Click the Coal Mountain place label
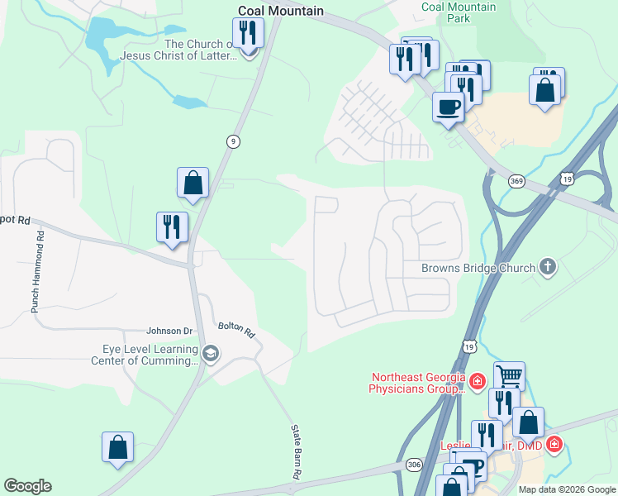tap(280, 12)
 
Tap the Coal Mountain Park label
tap(459, 12)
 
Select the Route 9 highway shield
tap(234, 142)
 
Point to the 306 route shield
tap(414, 465)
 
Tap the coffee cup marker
tap(449, 107)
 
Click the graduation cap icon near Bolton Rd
tap(211, 355)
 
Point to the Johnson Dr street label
tap(169, 331)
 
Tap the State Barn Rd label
tap(295, 452)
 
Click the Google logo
tap(27, 486)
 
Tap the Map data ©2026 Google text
tap(566, 489)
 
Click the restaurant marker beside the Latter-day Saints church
tap(248, 33)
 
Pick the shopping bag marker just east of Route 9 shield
tap(193, 183)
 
